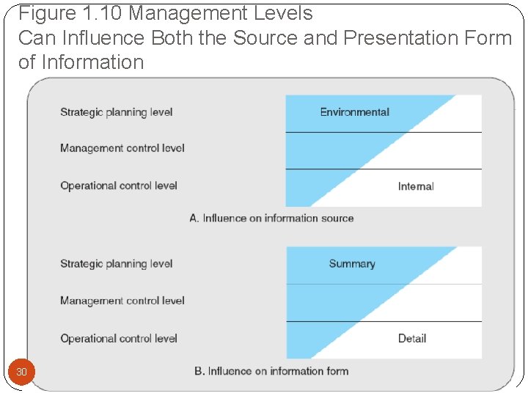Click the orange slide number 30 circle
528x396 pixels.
click(21, 373)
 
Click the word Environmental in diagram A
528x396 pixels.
click(354, 112)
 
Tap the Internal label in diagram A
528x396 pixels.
click(416, 186)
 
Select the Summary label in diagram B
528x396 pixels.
click(352, 264)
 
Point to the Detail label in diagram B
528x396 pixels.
click(412, 338)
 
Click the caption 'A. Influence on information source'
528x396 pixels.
click(271, 218)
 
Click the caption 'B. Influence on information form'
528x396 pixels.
click(271, 371)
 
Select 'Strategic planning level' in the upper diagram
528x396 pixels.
click(117, 112)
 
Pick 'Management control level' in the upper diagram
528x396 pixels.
click(122, 148)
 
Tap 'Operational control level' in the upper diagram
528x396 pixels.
click(119, 186)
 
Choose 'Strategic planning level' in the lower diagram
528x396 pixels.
click(117, 264)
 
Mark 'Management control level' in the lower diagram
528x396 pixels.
click(122, 301)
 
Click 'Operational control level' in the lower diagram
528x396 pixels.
click(119, 338)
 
